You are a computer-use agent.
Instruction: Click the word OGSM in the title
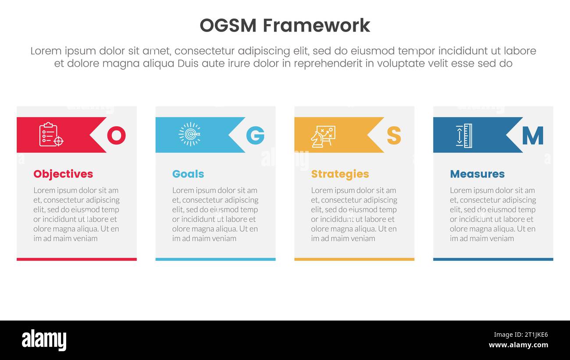(x=228, y=25)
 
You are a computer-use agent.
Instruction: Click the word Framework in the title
(x=317, y=25)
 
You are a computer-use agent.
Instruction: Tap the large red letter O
(x=116, y=135)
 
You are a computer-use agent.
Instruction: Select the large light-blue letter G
(x=255, y=135)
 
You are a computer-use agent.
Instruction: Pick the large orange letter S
(x=394, y=135)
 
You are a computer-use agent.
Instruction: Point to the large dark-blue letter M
(x=533, y=135)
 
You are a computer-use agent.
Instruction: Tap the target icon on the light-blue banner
(x=190, y=134)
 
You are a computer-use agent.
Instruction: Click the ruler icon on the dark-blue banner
(x=463, y=135)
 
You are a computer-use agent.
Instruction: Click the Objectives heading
(x=63, y=174)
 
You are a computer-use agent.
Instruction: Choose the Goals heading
(x=188, y=174)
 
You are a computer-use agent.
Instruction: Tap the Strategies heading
(x=340, y=174)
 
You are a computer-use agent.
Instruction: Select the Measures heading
(x=477, y=174)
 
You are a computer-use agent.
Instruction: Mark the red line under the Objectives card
(x=77, y=259)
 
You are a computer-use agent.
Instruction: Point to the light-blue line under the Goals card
(x=215, y=259)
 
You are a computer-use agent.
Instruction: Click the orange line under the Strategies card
(x=354, y=259)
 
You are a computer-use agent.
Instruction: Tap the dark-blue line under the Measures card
(x=493, y=259)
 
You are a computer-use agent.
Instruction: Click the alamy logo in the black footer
(x=44, y=340)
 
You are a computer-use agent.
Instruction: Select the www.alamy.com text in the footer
(x=518, y=345)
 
